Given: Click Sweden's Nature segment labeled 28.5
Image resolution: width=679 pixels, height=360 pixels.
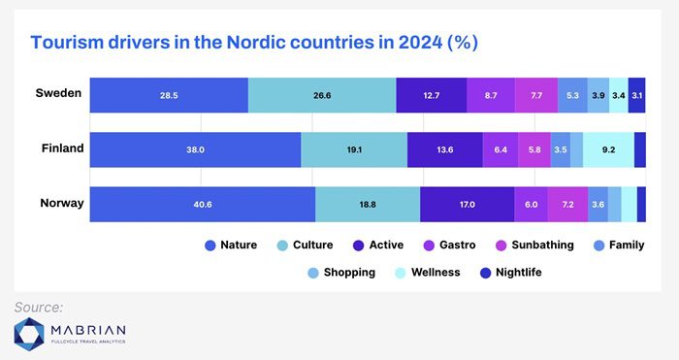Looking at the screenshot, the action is click(169, 95).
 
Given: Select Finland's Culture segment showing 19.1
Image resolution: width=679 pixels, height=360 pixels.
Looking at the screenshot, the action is click(354, 149).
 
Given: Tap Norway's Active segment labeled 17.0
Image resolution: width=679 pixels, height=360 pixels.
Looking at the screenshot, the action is click(468, 205).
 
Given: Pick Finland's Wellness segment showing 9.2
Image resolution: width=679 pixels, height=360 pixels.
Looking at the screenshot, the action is click(608, 149).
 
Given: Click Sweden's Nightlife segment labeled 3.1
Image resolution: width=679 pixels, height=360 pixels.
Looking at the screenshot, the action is click(636, 95).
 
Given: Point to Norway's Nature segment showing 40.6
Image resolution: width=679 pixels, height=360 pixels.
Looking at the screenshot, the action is click(203, 205).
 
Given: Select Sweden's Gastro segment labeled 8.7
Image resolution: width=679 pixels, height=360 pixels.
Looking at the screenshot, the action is click(491, 95).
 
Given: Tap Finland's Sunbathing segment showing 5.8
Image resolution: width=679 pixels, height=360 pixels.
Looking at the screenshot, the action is click(534, 149).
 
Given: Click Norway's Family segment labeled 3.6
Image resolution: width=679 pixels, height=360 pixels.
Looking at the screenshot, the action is click(598, 205).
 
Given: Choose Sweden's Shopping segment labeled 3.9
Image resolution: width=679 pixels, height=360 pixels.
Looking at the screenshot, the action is click(598, 95).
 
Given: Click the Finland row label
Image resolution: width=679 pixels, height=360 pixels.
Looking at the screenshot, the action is click(62, 148).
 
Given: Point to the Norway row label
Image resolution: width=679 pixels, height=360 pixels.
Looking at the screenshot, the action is click(62, 203).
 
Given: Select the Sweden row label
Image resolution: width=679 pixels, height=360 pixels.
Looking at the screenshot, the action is click(58, 93).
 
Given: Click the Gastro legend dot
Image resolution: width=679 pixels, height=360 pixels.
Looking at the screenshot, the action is click(429, 246).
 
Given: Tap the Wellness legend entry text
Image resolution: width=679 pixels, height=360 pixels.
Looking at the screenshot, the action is click(436, 273).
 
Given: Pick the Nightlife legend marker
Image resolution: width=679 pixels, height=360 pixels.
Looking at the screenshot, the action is click(485, 273).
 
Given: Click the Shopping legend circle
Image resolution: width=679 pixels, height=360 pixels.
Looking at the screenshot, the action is click(313, 273).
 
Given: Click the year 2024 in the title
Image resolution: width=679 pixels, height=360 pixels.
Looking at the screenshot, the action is click(420, 43).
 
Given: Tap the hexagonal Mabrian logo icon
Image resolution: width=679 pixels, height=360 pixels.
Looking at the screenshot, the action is click(29, 335).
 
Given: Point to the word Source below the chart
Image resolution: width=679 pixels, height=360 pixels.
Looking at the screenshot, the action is click(39, 308).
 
